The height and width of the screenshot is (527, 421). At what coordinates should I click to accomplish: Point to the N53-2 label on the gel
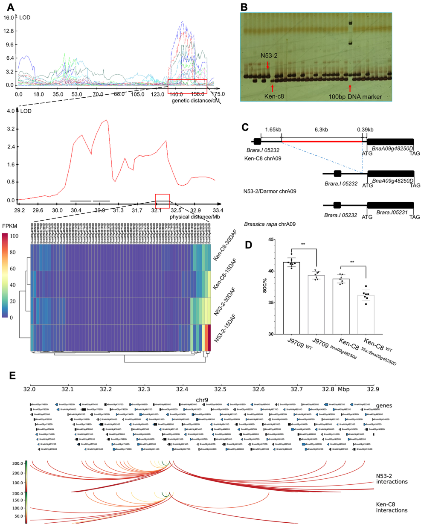coord(269,56)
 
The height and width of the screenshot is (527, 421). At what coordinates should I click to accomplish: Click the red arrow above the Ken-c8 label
coord(272,88)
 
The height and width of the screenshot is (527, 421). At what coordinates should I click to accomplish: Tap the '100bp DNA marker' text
coord(355,97)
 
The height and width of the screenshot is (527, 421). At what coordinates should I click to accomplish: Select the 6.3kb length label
coord(321,130)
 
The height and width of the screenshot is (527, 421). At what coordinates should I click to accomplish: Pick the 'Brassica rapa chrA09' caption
coord(270,224)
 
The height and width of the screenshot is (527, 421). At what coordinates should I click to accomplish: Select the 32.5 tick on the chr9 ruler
coord(221,389)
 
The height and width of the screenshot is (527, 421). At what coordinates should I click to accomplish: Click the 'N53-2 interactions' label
coord(392,479)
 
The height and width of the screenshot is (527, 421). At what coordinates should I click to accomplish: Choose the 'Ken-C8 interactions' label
coord(392,507)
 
